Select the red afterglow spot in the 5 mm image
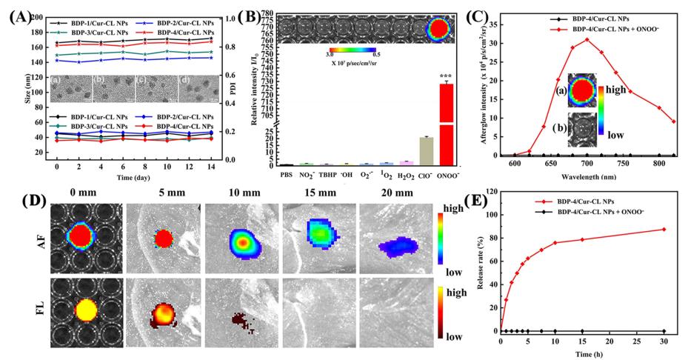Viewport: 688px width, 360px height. pos(162,238)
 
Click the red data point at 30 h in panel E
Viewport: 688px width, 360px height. pos(664,229)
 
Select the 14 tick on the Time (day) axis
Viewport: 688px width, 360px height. pos(212,165)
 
